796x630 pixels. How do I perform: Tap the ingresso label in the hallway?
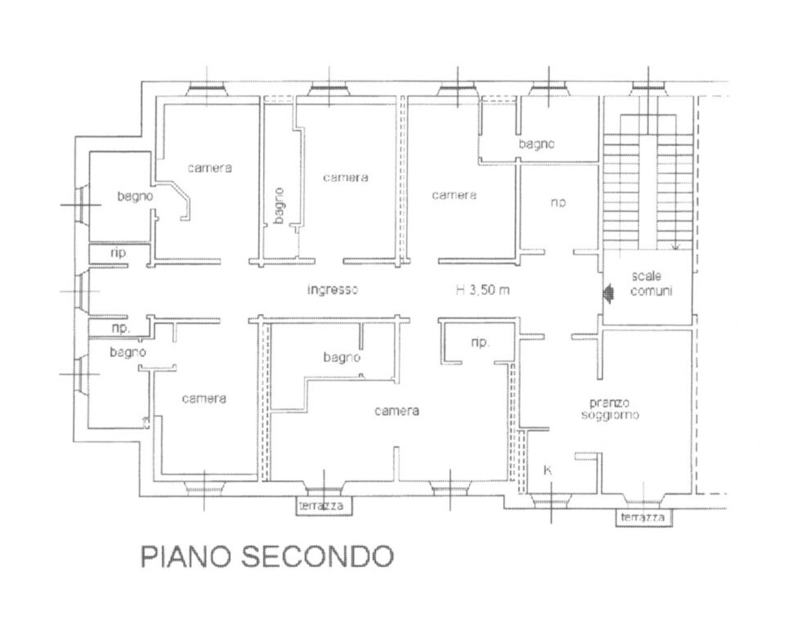(x=334, y=289)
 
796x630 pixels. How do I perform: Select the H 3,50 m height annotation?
(x=482, y=289)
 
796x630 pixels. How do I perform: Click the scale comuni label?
(x=651, y=283)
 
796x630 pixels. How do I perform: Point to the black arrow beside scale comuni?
(x=608, y=292)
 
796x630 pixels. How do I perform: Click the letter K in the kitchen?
(x=548, y=470)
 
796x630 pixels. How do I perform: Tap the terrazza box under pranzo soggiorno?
(x=643, y=517)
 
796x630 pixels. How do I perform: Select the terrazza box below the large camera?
(x=323, y=505)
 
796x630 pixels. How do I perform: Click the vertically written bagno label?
(x=279, y=205)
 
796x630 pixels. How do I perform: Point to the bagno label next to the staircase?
(x=537, y=144)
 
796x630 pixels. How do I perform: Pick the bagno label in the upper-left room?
(x=136, y=196)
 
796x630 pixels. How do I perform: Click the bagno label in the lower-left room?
(x=129, y=352)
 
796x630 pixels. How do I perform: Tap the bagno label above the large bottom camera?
(x=342, y=357)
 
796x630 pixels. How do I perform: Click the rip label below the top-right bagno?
(x=557, y=203)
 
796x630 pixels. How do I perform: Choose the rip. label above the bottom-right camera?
(x=480, y=343)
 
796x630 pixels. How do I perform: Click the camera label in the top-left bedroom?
(x=210, y=168)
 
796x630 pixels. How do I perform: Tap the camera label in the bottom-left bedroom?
(x=204, y=399)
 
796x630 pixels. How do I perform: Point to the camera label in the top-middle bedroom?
(x=345, y=178)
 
